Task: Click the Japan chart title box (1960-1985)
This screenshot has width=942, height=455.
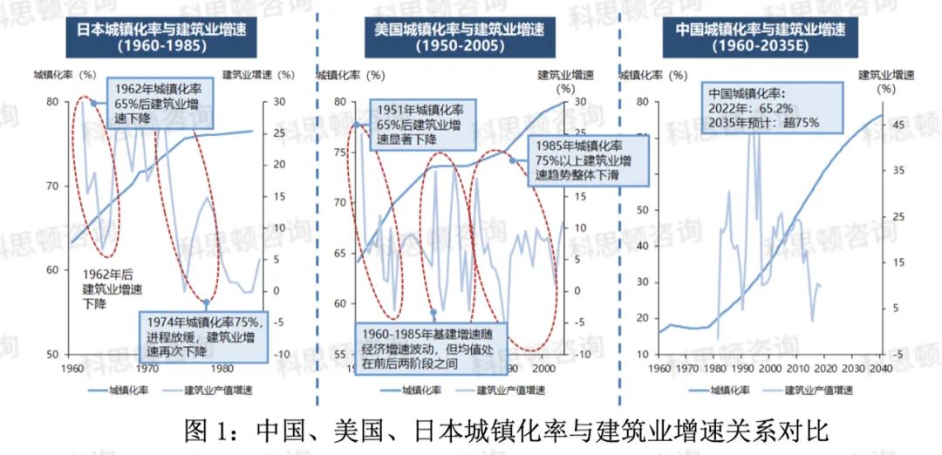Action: (154, 37)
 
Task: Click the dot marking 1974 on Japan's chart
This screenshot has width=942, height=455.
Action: (206, 302)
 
